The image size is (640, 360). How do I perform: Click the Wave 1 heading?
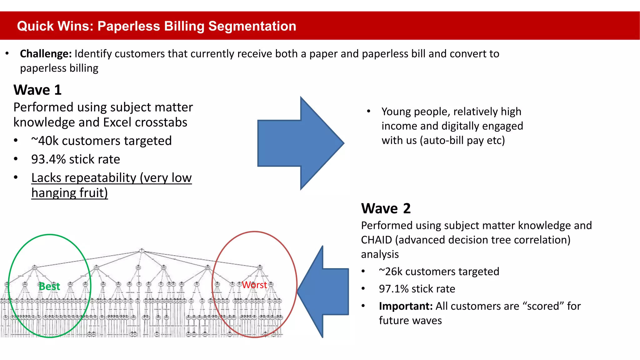point(37,90)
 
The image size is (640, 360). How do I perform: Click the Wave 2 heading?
point(386,208)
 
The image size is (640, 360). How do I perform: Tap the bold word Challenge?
point(46,54)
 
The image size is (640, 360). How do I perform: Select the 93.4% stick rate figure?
point(48,159)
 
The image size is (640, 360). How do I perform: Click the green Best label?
point(49,286)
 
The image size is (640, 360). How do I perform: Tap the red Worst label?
point(254,285)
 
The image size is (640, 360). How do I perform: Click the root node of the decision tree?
point(141,251)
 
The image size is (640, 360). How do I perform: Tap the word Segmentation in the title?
point(252,26)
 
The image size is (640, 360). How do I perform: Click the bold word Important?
point(405,306)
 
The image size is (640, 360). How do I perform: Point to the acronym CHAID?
point(376,240)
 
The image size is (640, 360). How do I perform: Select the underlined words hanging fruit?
point(69,193)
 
